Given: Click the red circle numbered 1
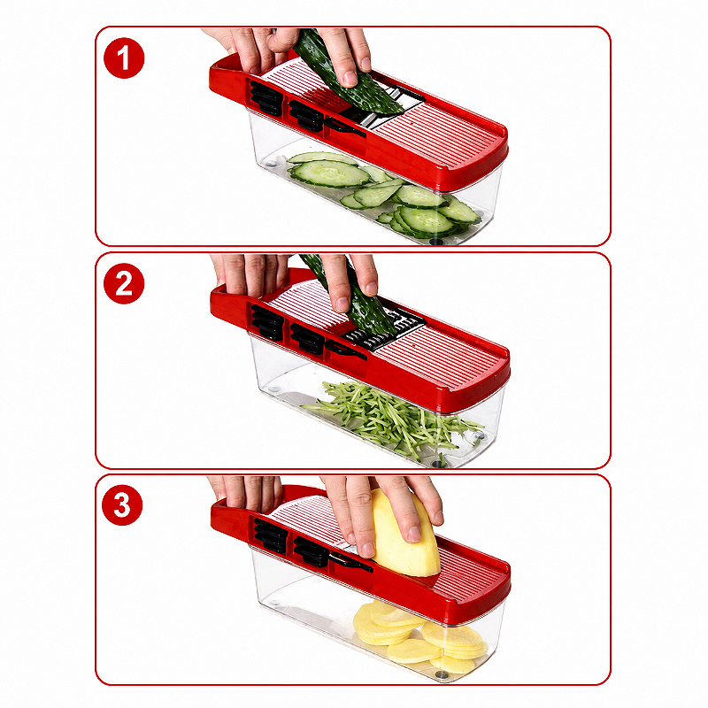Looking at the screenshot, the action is [124, 58].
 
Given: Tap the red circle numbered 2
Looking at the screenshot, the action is [124, 283].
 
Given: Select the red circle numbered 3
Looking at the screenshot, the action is [122, 504].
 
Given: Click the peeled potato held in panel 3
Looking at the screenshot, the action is [404, 535].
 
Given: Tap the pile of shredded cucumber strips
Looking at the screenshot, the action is [393, 418].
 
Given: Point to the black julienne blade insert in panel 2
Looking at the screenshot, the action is [385, 330].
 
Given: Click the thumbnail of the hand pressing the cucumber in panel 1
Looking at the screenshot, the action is [350, 78].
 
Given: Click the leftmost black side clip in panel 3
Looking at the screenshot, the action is [270, 536].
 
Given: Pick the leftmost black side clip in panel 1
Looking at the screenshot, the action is [266, 98].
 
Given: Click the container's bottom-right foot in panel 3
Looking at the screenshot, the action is [442, 675].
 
